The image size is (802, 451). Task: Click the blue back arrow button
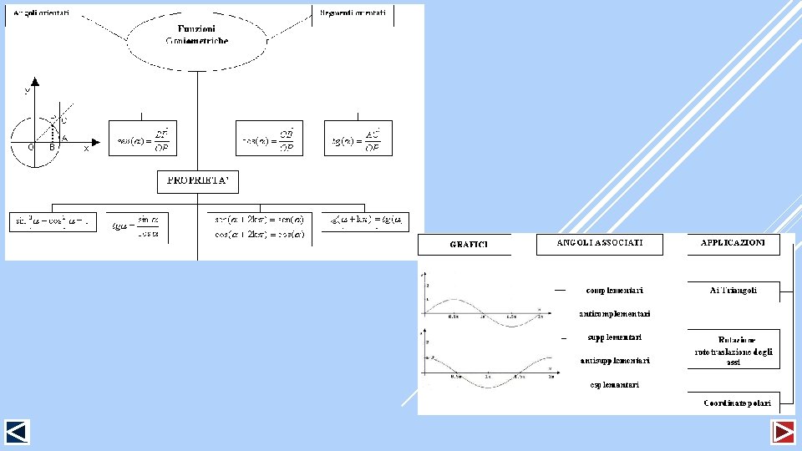[17, 432]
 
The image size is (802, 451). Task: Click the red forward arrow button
[784, 432]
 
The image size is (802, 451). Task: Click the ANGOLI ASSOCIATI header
[600, 243]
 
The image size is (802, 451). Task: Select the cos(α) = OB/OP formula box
[269, 138]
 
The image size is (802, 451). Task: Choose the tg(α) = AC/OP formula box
[358, 138]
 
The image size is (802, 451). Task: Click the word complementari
[614, 290]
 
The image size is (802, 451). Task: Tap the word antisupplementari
[614, 361]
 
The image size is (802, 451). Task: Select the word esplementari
[614, 385]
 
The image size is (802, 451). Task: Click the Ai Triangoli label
[733, 290]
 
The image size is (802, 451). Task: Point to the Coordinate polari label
[736, 403]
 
